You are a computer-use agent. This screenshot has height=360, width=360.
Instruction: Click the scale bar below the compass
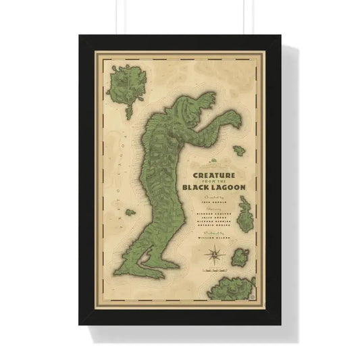(215, 272)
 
